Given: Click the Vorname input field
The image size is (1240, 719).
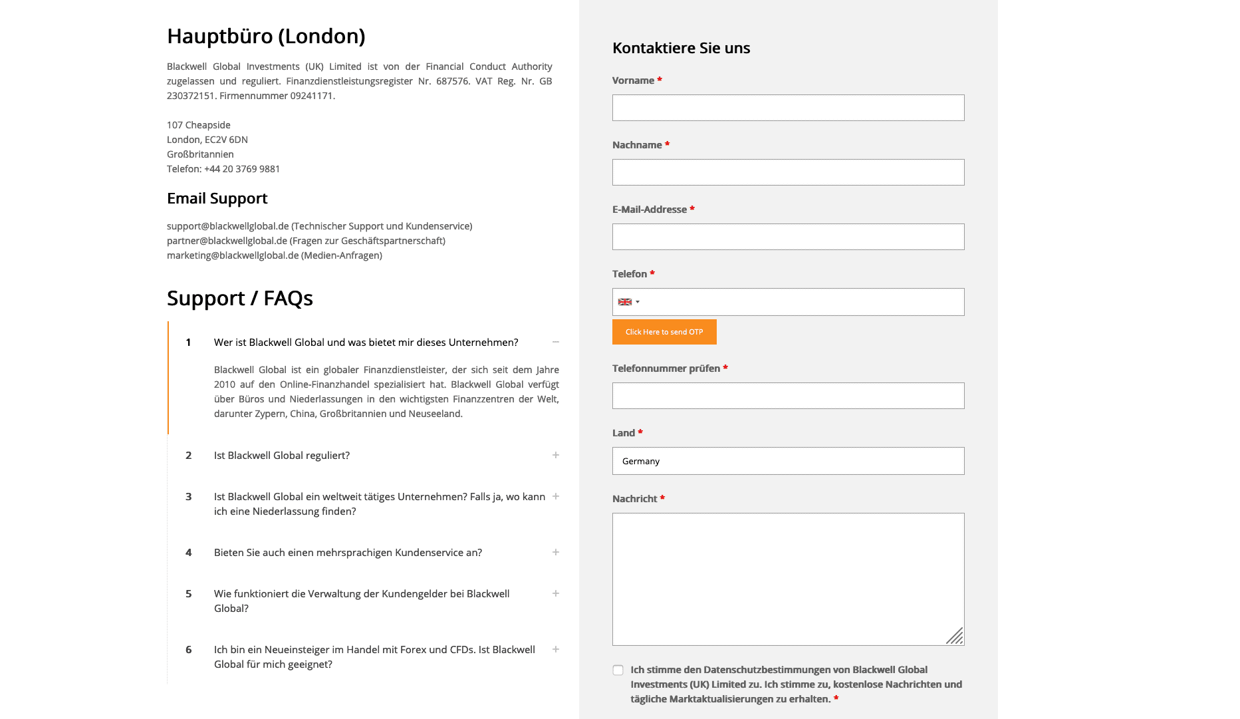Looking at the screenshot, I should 788,108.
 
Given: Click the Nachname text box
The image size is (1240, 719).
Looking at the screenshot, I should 788,172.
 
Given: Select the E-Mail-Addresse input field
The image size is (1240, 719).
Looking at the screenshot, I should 788,237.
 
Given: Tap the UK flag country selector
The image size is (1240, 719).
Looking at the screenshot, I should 628,302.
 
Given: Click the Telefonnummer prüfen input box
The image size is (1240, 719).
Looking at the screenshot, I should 788,396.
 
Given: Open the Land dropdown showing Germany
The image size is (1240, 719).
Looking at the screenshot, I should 788,461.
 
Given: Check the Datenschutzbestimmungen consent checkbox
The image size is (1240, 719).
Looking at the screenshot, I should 618,670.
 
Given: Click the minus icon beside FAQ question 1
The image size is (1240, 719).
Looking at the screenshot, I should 556,342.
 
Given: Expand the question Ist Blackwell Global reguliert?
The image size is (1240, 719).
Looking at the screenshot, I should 282,456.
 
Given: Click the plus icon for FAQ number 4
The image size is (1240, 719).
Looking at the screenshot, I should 556,552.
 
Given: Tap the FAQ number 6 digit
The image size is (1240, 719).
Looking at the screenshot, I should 189,650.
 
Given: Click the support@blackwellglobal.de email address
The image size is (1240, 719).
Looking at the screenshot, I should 227,226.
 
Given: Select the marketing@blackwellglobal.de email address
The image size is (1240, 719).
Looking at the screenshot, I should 233,255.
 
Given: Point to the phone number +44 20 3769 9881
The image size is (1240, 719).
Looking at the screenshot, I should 242,169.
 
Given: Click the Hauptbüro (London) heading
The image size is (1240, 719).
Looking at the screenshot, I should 266,36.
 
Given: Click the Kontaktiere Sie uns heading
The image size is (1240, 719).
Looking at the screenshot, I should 681,48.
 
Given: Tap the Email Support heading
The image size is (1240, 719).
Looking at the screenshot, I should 217,198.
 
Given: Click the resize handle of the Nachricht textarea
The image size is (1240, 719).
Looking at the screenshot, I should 955,637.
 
